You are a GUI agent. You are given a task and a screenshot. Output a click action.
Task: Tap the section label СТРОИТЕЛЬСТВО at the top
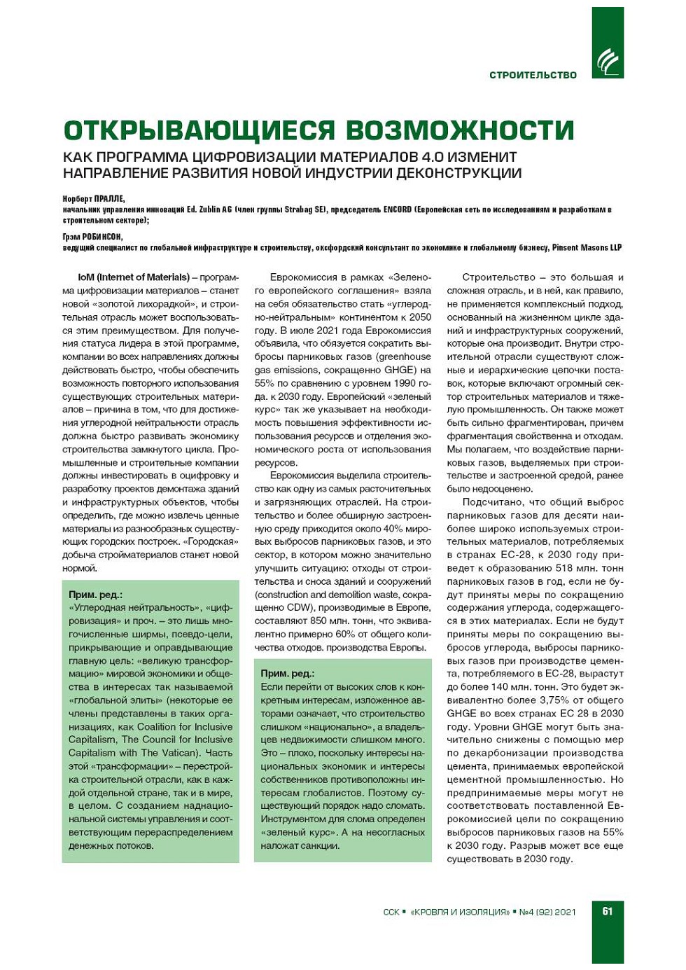tap(533, 75)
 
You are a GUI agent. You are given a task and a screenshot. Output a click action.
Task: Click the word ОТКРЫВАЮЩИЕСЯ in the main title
tap(199, 130)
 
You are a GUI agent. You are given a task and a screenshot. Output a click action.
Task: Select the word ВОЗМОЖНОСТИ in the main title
tap(459, 130)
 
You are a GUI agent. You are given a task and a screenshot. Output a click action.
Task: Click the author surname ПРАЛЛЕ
tap(109, 199)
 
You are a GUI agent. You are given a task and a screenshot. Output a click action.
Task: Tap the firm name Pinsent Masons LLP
tap(587, 247)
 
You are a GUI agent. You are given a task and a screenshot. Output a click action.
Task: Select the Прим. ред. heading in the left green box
tap(95, 595)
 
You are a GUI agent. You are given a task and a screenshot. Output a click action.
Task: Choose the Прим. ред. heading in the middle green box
tap(288, 673)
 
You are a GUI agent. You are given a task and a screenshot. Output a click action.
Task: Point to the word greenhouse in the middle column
tap(404, 357)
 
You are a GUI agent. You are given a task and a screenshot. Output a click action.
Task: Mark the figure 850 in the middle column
tap(318, 621)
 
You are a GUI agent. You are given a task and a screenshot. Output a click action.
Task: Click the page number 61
tap(607, 911)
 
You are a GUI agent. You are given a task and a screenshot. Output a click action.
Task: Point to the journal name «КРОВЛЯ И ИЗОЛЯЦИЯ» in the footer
tap(460, 912)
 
